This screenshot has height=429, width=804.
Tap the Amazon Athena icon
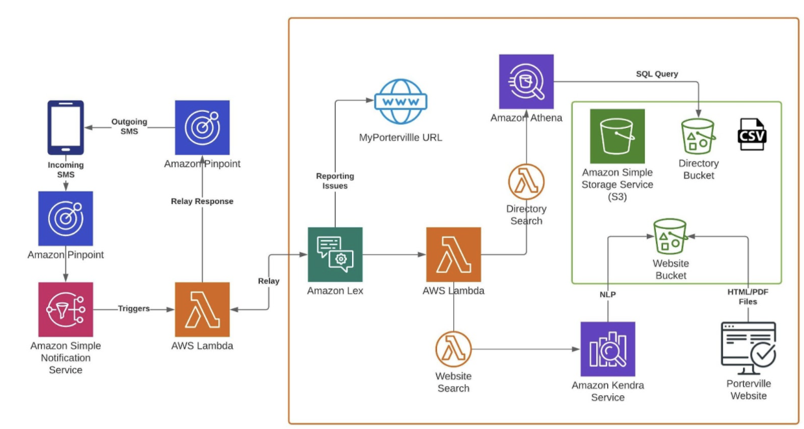pyautogui.click(x=526, y=81)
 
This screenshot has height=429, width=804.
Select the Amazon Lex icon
pyautogui.click(x=335, y=254)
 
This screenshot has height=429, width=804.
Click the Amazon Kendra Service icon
pyautogui.click(x=607, y=349)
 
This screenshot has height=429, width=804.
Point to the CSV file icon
pyautogui.click(x=752, y=135)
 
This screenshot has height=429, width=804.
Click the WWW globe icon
pyautogui.click(x=400, y=101)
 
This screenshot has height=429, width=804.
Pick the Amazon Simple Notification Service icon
pyautogui.click(x=66, y=309)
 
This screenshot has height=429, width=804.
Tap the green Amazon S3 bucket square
pyautogui.click(x=617, y=136)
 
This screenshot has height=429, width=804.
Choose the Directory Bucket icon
pyautogui.click(x=698, y=136)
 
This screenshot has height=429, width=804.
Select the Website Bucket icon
pyautogui.click(x=670, y=236)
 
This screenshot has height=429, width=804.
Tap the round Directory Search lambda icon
pyautogui.click(x=526, y=182)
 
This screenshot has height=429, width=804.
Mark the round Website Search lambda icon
pyautogui.click(x=453, y=349)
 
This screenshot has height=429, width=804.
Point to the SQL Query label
pyautogui.click(x=657, y=74)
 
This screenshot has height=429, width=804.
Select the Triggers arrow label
pyautogui.click(x=134, y=309)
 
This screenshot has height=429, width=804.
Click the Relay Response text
pyautogui.click(x=202, y=201)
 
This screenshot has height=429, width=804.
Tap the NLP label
pyautogui.click(x=607, y=294)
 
